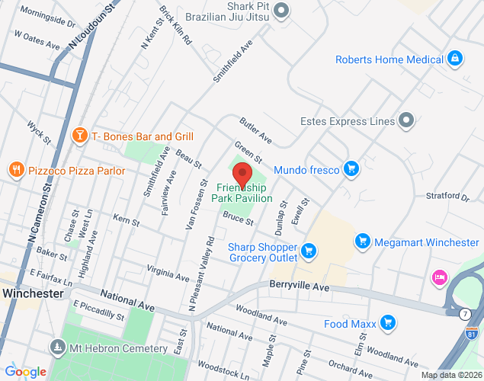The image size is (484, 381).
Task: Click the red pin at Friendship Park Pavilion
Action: pos(242,172)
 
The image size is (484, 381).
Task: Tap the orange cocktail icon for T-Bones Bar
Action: pos(79,136)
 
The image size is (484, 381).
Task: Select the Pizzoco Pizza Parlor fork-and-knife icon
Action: pos(16,170)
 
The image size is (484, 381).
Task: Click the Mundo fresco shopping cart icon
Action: pos(351,169)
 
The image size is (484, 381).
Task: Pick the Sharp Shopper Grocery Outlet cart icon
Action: pos(309,251)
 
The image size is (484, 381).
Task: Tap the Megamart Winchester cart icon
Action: pos(363,242)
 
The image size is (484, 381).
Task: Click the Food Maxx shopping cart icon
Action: pos(389,324)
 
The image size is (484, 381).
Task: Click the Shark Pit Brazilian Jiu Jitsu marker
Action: pos(281,10)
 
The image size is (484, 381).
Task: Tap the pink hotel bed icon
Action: pos(440,277)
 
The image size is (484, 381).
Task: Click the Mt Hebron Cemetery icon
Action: pos(57,348)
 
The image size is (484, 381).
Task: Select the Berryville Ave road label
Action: pos(299,287)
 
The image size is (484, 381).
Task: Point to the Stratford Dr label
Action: pos(447,197)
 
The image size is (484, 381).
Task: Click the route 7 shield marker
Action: pos(464,313)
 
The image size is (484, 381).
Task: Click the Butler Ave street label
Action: pos(256,130)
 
